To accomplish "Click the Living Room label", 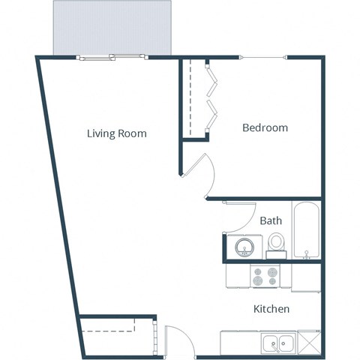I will coord(116,134).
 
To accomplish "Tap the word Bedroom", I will coord(265,128).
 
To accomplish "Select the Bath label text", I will coord(271,221).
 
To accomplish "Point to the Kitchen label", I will coord(271,309).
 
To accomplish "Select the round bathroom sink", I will coord(244,247).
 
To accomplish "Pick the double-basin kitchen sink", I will coord(277,343).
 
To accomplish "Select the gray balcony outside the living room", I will coord(112,27).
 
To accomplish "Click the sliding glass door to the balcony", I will coord(111,56).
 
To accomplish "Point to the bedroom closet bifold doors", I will coord(211,97).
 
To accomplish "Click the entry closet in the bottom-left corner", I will coord(116,334).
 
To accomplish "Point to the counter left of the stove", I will coord(238,276).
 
